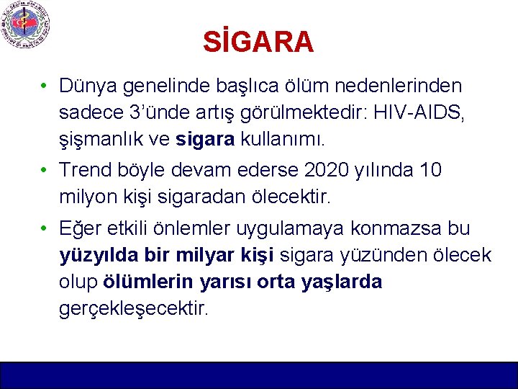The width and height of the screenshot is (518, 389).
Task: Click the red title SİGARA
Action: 258,43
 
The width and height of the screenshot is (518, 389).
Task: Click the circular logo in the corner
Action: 26,26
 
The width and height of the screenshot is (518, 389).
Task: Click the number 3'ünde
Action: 156,112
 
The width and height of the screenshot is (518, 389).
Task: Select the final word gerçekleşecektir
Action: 135,308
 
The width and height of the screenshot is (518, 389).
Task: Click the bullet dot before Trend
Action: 45,171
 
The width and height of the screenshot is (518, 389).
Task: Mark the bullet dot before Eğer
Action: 45,228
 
